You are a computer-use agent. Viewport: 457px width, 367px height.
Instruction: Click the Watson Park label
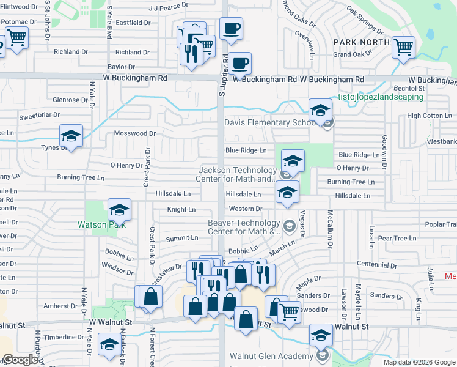pyautogui.click(x=101, y=224)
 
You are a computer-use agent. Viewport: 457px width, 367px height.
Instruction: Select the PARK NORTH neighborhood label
pyautogui.click(x=362, y=42)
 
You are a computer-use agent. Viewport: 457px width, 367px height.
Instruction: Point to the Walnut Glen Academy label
pyautogui.click(x=271, y=357)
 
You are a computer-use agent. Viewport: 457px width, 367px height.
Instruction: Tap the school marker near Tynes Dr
pyautogui.click(x=71, y=136)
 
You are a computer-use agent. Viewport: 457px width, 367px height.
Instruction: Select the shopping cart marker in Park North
pyautogui.click(x=403, y=46)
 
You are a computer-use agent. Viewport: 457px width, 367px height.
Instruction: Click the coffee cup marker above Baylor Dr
pyautogui.click(x=232, y=28)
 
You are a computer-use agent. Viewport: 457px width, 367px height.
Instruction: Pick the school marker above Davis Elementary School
pyautogui.click(x=319, y=110)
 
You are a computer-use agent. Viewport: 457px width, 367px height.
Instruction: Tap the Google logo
pyautogui.click(x=21, y=360)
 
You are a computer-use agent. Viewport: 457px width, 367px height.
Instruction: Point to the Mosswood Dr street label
pyautogui.click(x=135, y=133)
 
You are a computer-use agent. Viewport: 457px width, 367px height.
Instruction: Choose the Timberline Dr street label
pyautogui.click(x=64, y=337)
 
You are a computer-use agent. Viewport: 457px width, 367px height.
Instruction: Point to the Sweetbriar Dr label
pyautogui.click(x=39, y=115)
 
